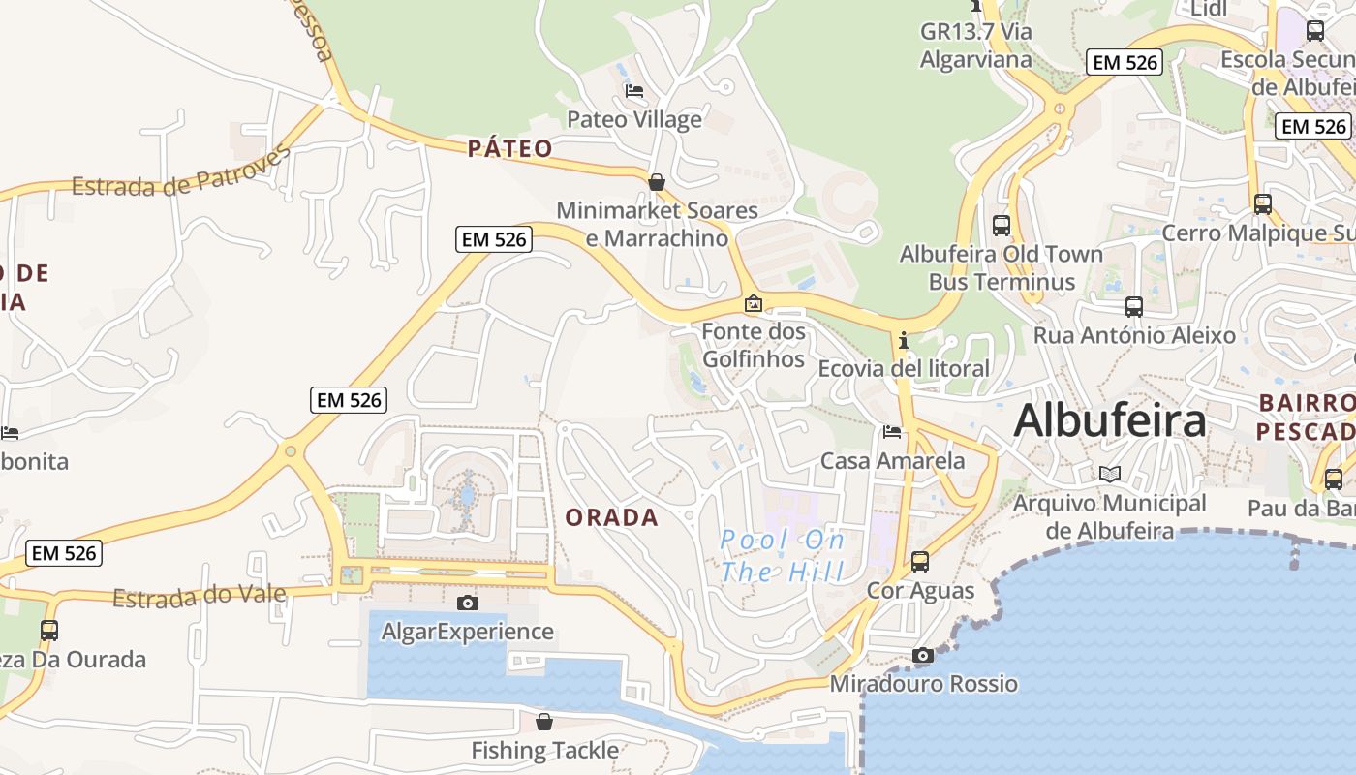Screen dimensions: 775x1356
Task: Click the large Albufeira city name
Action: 1110,421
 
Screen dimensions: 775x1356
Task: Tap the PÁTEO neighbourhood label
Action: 509,148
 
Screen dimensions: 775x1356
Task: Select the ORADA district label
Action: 612,517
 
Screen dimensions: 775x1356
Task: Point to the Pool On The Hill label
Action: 783,556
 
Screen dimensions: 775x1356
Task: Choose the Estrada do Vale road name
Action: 200,596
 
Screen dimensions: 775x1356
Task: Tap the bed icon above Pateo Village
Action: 634,91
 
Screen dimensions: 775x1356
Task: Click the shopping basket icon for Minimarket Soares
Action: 657,182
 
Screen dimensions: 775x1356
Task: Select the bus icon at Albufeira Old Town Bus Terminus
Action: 1002,226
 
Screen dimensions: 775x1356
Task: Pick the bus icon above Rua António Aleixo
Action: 1134,307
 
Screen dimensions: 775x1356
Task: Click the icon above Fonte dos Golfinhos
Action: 754,304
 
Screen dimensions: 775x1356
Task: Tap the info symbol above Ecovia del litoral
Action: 904,341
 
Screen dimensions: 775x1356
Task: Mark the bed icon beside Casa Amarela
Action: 892,432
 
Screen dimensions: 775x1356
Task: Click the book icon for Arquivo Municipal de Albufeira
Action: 1110,475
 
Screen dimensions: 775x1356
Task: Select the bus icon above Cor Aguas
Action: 920,561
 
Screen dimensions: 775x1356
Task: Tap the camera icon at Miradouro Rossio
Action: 923,656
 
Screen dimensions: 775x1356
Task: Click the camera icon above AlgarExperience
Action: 468,604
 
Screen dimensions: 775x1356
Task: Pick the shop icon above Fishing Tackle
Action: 544,722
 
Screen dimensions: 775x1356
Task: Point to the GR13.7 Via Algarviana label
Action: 976,45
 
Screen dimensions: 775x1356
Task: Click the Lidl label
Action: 1209,9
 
